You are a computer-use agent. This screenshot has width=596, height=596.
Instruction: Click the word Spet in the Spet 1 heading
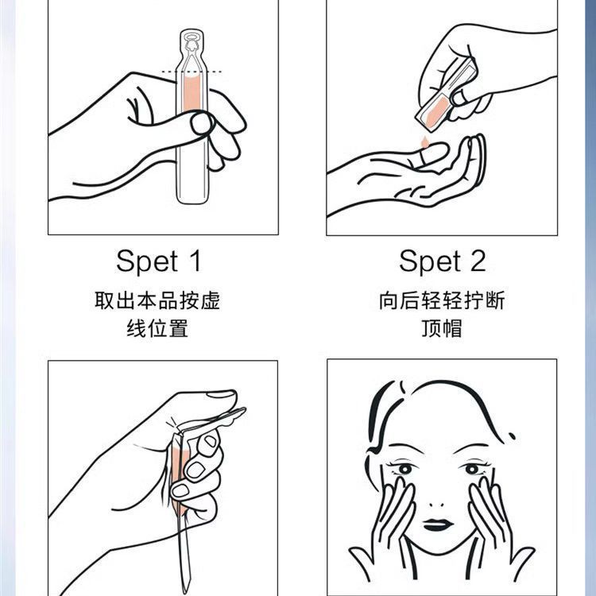[147, 261]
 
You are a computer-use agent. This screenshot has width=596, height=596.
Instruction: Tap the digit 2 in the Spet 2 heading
[478, 261]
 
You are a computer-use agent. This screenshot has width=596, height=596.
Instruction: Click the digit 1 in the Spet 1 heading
[195, 261]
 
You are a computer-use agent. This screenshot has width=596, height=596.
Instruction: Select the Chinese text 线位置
[157, 328]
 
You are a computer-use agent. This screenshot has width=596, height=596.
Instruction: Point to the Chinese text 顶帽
[442, 328]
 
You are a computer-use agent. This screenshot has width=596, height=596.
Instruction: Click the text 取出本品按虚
[157, 300]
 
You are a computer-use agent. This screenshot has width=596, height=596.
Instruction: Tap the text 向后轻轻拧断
[442, 300]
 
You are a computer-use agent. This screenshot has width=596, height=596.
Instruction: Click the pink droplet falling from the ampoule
[424, 142]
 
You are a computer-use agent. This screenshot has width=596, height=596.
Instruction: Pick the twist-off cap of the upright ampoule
[192, 49]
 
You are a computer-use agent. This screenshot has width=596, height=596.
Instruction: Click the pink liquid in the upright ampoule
[192, 94]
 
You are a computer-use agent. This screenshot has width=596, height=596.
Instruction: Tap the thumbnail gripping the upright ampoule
[201, 123]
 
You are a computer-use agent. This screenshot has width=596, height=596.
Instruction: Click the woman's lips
[438, 524]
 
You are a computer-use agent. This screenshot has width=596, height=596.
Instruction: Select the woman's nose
[436, 505]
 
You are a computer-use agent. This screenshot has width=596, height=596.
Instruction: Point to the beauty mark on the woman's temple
[512, 436]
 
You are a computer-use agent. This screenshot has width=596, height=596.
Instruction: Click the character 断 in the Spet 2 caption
[495, 300]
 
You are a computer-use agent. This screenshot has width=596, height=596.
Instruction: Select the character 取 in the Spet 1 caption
[105, 300]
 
